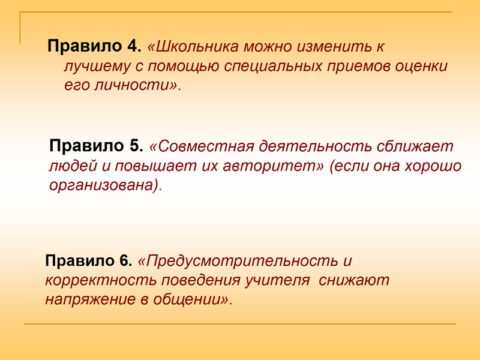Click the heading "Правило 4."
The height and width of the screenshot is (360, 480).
(x=94, y=46)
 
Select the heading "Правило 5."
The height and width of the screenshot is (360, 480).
(x=96, y=145)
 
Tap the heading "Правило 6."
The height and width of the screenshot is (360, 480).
(x=88, y=260)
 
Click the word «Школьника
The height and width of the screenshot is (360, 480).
(x=193, y=47)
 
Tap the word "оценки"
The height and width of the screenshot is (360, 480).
(x=421, y=66)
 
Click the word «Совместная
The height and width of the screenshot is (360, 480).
(x=202, y=146)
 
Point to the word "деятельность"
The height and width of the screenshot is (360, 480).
(x=315, y=146)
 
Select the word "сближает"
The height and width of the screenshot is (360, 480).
(x=415, y=145)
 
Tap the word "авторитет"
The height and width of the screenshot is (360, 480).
(x=271, y=166)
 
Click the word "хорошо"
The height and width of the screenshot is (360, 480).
(x=433, y=166)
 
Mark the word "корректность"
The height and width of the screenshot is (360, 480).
(x=101, y=281)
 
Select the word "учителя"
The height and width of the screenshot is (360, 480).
(x=277, y=280)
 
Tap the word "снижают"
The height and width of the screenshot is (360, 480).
(x=354, y=280)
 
